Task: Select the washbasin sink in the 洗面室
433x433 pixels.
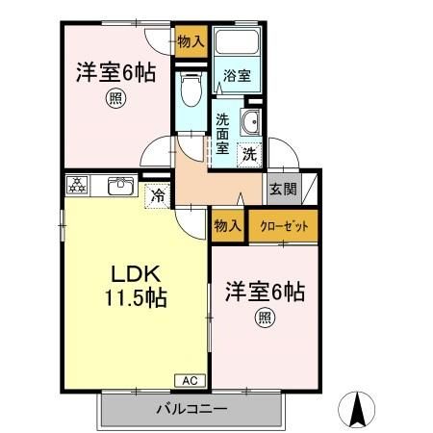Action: [250, 122]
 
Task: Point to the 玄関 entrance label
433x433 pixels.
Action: [282, 189]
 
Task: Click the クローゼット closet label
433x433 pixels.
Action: [282, 228]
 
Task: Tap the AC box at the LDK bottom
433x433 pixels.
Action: [189, 380]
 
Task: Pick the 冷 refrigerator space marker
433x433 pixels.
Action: [157, 194]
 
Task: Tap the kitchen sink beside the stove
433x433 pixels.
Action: [119, 186]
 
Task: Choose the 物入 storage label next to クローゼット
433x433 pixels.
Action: [227, 228]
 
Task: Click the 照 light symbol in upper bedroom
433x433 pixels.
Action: [114, 97]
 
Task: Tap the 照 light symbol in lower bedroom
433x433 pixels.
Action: [263, 318]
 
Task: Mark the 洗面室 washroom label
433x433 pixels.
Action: [222, 134]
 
